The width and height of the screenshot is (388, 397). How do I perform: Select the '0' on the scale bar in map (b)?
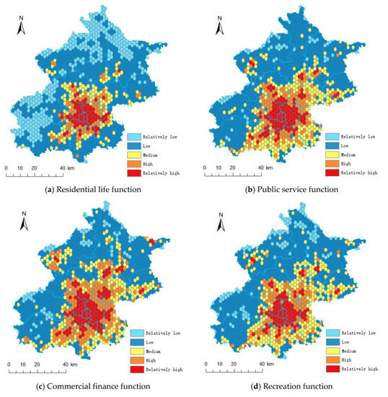click(203, 169)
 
